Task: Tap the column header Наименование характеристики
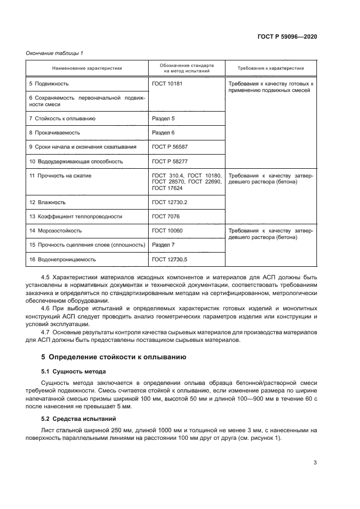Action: (x=87, y=68)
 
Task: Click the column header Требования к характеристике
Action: (x=271, y=68)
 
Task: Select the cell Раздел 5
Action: (x=163, y=118)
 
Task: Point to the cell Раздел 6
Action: (x=163, y=132)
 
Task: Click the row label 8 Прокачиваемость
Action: (x=55, y=132)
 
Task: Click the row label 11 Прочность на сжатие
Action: (x=60, y=176)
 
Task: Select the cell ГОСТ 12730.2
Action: (x=169, y=202)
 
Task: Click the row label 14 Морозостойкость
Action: (x=56, y=231)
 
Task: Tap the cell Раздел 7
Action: (x=163, y=245)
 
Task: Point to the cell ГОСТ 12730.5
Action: (x=169, y=260)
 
